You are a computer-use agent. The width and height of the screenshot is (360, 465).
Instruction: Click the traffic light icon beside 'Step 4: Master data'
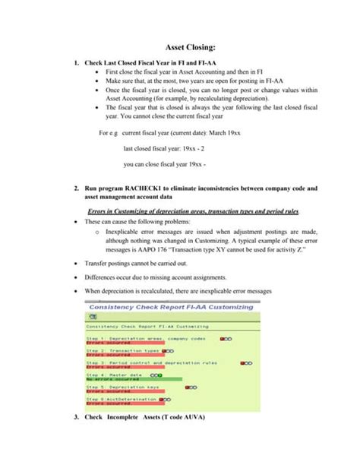pyautogui.click(x=155, y=375)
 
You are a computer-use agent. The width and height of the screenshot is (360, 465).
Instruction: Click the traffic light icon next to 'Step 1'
pyautogui.click(x=226, y=337)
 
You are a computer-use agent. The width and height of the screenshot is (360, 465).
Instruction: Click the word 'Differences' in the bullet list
pyautogui.click(x=103, y=278)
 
